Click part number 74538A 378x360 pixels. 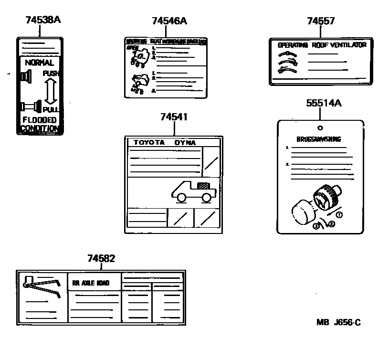[x=43, y=20]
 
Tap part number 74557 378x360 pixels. [x=321, y=21]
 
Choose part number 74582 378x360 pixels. [x=101, y=258]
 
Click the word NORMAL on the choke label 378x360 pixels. [x=40, y=63]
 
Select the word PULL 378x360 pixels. [x=51, y=109]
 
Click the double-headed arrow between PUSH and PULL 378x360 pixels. [x=51, y=91]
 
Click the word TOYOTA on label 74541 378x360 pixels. [x=148, y=142]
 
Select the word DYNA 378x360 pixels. [x=185, y=142]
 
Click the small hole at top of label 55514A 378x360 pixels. [x=320, y=127]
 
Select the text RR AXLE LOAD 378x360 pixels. [x=91, y=283]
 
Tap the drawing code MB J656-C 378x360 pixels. [x=338, y=323]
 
